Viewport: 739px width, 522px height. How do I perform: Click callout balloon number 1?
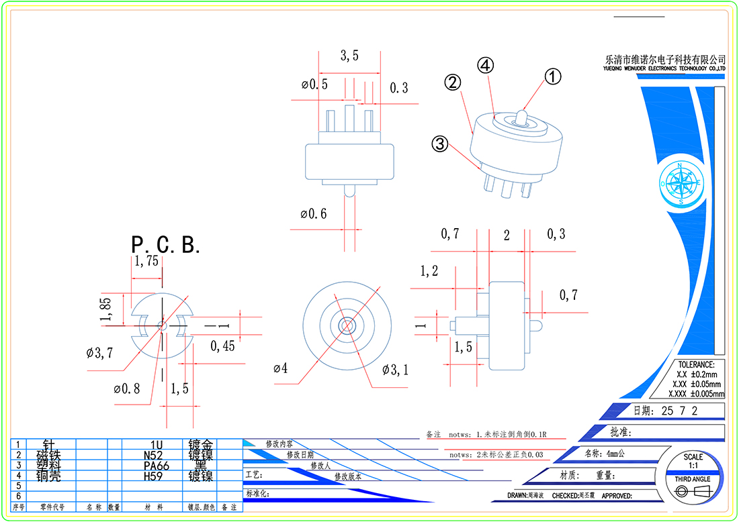(552, 76)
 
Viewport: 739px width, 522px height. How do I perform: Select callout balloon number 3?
(440, 144)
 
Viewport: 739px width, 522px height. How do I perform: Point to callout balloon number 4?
(486, 65)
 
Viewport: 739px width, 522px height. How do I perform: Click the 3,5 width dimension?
(349, 56)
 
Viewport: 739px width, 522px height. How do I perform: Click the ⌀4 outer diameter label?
(281, 368)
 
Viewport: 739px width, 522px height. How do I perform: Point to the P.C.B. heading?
(165, 244)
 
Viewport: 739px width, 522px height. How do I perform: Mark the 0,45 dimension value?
(223, 346)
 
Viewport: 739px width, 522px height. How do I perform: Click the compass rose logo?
(681, 183)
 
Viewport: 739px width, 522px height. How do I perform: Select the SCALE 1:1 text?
(693, 461)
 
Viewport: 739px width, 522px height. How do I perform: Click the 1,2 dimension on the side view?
(429, 271)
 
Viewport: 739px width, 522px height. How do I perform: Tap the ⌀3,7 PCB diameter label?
(99, 352)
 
